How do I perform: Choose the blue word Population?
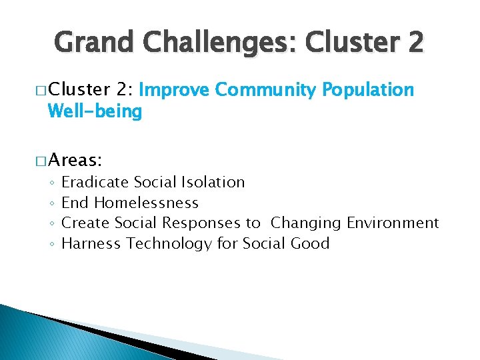point(368,90)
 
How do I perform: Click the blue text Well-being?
point(95,112)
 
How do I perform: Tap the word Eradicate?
point(95,182)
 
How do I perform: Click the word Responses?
point(203,223)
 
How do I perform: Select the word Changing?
point(306,223)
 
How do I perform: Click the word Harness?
point(91,243)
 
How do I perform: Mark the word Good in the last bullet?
point(310,243)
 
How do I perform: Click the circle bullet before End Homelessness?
point(51,203)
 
